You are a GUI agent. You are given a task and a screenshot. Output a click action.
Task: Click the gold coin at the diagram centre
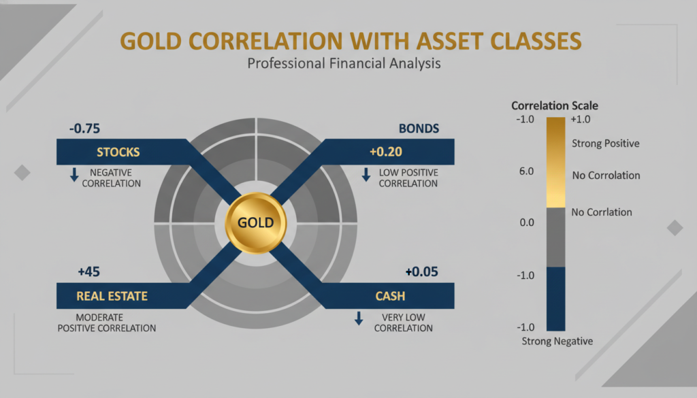pos(255,222)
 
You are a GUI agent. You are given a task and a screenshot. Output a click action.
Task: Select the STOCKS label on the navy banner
pos(118,151)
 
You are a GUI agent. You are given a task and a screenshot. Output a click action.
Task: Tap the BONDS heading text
pos(419,129)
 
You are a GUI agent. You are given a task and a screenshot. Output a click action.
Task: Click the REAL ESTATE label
pos(112,297)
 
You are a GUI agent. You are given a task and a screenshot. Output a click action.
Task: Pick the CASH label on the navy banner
pos(390,297)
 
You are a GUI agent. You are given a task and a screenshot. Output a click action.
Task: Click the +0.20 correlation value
pos(387,151)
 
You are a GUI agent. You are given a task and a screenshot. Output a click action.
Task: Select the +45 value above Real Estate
pos(89,272)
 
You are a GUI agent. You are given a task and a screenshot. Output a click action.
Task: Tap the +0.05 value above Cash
pos(422,272)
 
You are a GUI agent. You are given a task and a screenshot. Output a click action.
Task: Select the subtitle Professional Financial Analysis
pos(344,64)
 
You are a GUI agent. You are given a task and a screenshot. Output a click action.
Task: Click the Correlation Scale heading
pos(555,106)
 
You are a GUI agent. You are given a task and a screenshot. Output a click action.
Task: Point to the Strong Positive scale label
pos(605,144)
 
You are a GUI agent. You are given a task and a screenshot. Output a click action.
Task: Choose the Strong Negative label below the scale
pos(557,341)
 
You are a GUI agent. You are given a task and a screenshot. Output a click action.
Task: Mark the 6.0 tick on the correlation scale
pos(526,171)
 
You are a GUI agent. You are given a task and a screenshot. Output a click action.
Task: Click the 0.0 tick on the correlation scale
pos(526,222)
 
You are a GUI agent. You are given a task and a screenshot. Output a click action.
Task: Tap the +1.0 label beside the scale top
pos(583,120)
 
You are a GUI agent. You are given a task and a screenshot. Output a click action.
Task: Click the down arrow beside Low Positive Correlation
pos(365,175)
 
